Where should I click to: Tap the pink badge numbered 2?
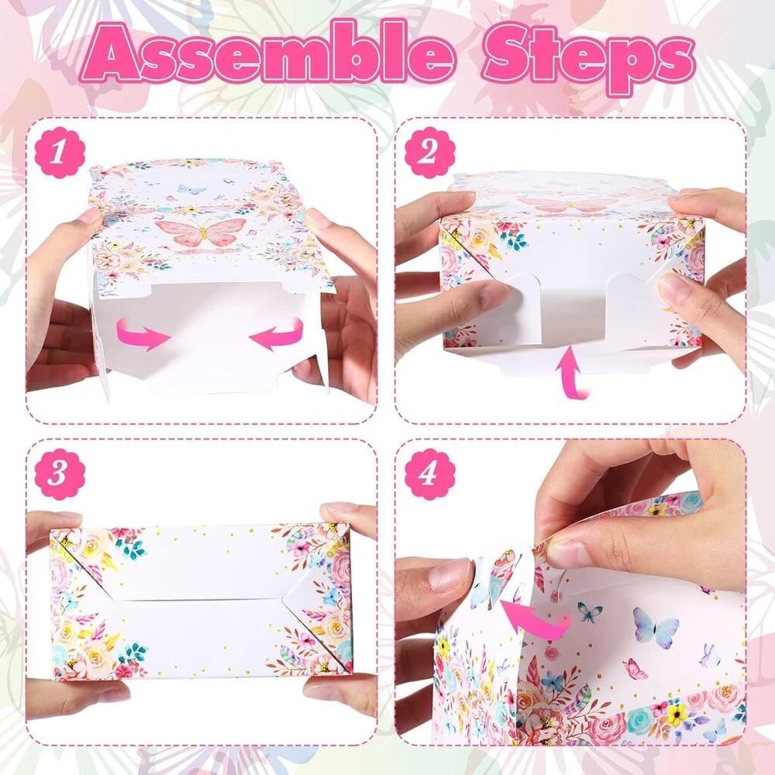[429, 152]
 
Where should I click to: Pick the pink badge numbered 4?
[429, 474]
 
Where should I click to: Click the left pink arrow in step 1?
[143, 335]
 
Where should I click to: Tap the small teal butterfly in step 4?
[590, 612]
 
